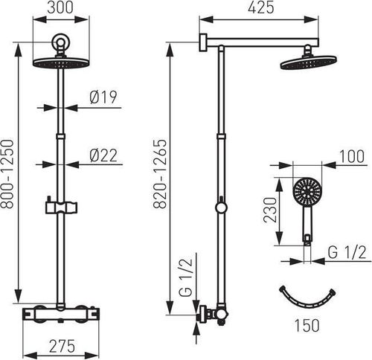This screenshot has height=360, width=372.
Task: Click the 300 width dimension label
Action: click(58, 8)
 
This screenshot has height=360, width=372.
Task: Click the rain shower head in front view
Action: click(58, 62)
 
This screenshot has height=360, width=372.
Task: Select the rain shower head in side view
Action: click(303, 62)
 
